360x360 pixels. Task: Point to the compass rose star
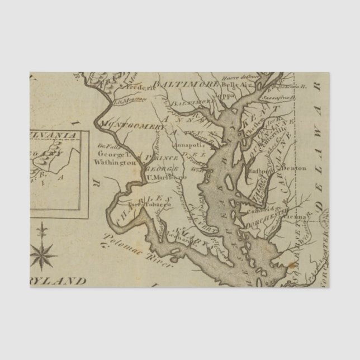[43, 250]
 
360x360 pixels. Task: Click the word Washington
[116, 162]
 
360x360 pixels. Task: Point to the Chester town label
[250, 128]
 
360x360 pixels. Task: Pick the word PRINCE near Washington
[165, 158]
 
